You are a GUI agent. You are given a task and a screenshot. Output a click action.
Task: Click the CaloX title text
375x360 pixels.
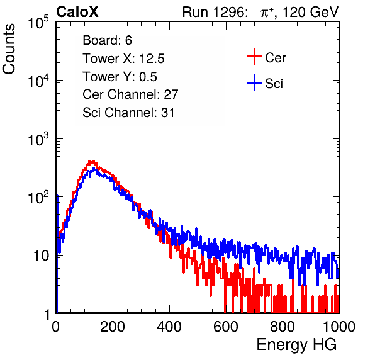click(77, 12)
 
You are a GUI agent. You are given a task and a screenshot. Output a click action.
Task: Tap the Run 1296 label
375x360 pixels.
click(215, 12)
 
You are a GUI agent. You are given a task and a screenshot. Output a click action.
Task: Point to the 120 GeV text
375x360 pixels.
click(311, 12)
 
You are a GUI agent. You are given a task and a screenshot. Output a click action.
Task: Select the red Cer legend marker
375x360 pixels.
click(254, 57)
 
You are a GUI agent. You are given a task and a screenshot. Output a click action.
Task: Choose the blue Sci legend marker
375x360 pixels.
click(254, 82)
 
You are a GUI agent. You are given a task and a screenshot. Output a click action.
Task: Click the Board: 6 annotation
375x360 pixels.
click(108, 40)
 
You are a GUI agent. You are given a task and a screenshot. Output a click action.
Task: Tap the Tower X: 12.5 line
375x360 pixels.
click(123, 59)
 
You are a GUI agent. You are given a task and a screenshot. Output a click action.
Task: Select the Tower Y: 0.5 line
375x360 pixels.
click(120, 77)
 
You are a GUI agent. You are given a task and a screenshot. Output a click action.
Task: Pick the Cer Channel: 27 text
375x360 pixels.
click(130, 94)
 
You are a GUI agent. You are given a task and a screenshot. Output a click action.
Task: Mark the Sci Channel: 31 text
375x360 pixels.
click(128, 113)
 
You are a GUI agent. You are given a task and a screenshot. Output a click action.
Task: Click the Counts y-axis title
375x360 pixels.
click(9, 49)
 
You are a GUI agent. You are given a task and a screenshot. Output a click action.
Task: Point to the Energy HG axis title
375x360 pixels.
click(296, 345)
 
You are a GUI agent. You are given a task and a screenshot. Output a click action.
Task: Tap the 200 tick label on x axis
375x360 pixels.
click(113, 327)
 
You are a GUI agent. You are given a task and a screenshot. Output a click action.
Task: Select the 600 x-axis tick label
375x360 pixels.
click(226, 327)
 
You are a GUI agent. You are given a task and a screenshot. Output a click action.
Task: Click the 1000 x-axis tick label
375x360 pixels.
click(339, 327)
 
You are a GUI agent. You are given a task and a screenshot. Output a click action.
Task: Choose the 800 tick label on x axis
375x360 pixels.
click(283, 327)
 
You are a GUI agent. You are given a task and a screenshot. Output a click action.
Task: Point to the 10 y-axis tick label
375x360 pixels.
click(42, 256)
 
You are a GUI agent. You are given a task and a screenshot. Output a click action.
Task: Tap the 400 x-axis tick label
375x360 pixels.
click(169, 327)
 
